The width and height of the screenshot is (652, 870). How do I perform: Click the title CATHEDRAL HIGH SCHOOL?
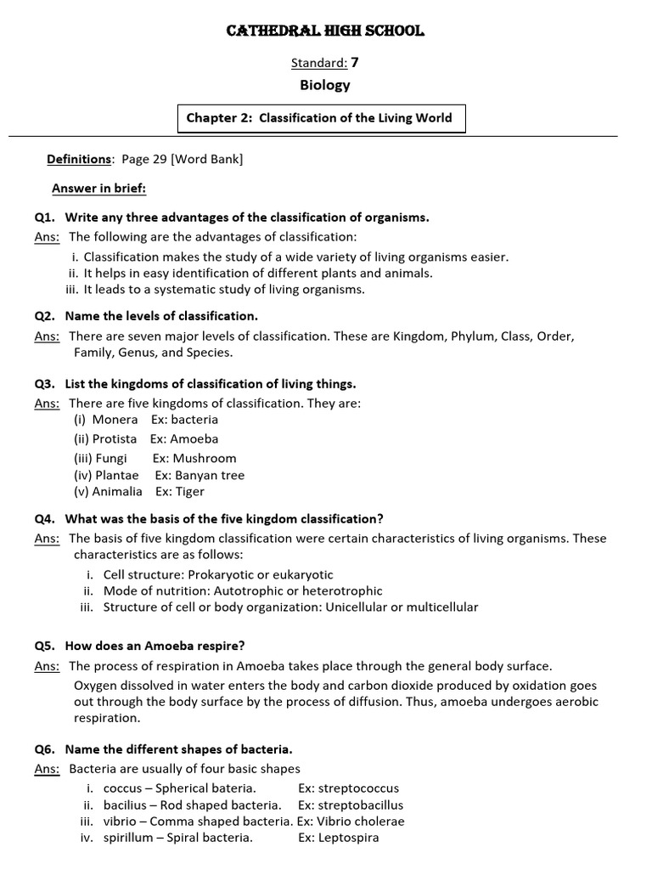pos(325,31)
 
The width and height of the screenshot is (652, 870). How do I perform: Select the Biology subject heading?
pos(325,85)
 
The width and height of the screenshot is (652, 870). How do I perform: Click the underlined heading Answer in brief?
pos(98,188)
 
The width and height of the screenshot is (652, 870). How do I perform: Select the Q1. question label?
pos(44,217)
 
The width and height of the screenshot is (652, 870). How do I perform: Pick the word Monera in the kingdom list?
pos(115,420)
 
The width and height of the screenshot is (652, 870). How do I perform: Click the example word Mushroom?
pos(205,458)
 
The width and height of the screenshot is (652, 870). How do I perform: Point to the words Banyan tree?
pos(210,476)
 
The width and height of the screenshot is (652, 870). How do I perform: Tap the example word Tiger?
pos(189,492)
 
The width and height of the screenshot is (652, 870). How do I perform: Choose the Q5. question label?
pos(44,646)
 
